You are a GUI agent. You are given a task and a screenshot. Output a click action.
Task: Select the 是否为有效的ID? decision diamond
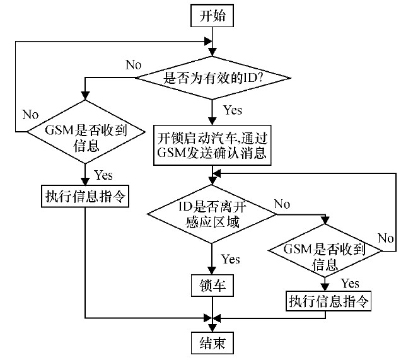214,78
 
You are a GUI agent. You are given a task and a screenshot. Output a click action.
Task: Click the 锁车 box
212,286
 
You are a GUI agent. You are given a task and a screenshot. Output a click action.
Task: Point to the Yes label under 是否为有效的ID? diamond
233,110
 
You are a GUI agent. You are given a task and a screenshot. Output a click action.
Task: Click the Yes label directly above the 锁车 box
231,259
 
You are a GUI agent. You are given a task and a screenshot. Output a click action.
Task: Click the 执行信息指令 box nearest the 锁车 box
328,301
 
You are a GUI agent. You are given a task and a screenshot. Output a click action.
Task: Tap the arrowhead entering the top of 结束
214,328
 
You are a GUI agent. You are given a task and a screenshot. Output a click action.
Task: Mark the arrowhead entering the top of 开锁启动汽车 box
214,120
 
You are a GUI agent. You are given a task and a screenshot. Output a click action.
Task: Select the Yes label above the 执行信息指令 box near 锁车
350,284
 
